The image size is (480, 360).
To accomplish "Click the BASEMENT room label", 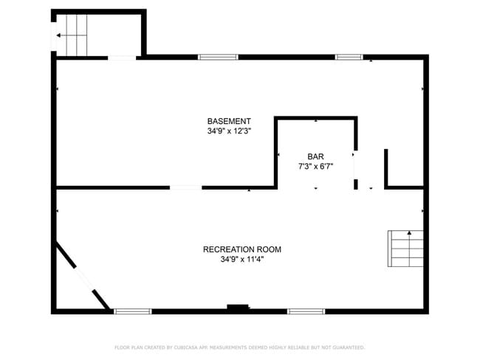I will (229, 121).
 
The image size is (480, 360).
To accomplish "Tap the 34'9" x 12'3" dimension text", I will (229, 131).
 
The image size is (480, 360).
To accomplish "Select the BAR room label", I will (316, 156).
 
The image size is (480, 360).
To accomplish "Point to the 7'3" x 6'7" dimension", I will (316, 166).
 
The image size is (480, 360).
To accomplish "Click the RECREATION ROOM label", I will (242, 249).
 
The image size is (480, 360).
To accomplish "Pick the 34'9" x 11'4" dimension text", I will (242, 260).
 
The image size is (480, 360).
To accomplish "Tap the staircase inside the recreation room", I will (406, 248).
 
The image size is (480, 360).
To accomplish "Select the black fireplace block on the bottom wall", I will (238, 308).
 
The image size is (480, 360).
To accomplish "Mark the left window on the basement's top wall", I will (218, 57).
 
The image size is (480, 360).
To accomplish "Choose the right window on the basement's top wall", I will (349, 57).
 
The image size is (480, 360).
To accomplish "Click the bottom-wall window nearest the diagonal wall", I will (133, 311).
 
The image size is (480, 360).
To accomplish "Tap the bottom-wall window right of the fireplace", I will (306, 311).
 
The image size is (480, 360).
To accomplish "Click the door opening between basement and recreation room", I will (185, 187).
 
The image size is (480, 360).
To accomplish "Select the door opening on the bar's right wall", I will (355, 169).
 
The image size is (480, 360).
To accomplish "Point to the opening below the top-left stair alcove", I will (122, 58).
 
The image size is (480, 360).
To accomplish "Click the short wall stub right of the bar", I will (385, 168).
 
